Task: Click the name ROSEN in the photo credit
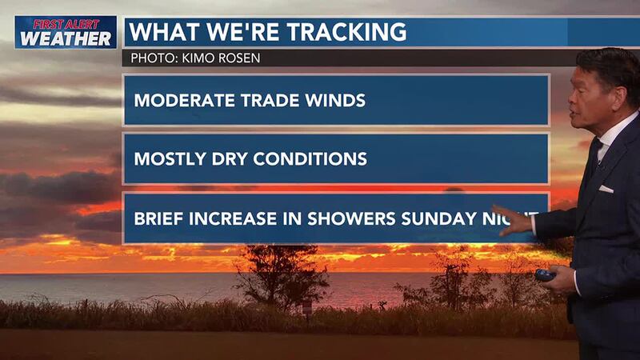point(243,58)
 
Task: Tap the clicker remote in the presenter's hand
point(546,274)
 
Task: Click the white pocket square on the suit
point(606,189)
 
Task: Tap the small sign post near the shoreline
point(306,307)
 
